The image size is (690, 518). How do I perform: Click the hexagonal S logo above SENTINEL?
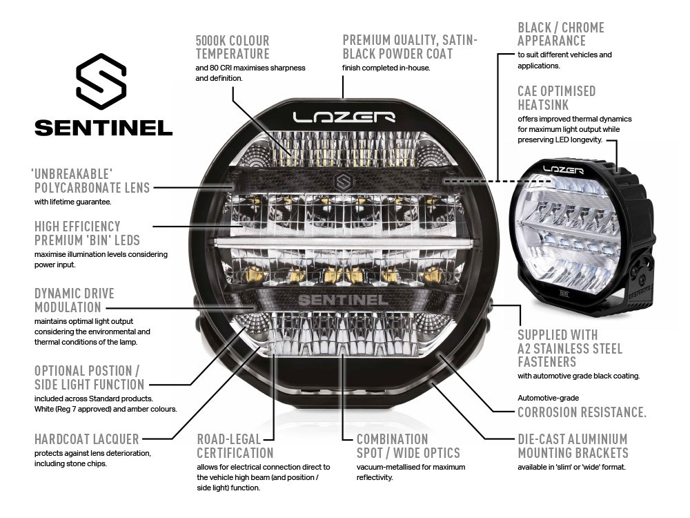pyautogui.click(x=101, y=81)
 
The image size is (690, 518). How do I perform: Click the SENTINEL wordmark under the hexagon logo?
pyautogui.click(x=103, y=128)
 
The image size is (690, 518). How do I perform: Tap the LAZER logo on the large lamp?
pyautogui.click(x=343, y=117)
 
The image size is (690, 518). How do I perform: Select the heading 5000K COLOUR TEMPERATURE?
pyautogui.click(x=233, y=47)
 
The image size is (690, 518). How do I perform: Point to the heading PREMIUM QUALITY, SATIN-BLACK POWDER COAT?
pyautogui.click(x=410, y=47)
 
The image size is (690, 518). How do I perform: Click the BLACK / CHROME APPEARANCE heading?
pyautogui.click(x=561, y=34)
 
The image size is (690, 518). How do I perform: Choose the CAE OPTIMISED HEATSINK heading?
pyautogui.click(x=556, y=97)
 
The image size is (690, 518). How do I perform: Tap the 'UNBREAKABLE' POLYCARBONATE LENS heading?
pyautogui.click(x=91, y=180)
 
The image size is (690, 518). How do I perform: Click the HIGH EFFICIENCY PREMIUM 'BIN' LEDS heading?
pyautogui.click(x=87, y=233)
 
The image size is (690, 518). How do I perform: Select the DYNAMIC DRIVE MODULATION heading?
pyautogui.click(x=75, y=300)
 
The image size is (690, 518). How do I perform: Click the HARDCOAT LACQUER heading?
pyautogui.click(x=87, y=439)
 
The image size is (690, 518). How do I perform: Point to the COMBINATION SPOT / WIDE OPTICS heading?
pyautogui.click(x=408, y=446)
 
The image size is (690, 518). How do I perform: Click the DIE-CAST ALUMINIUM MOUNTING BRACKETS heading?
pyautogui.click(x=573, y=446)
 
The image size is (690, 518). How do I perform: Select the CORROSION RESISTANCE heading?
pyautogui.click(x=582, y=412)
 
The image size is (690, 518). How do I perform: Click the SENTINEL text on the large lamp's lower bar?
pyautogui.click(x=342, y=300)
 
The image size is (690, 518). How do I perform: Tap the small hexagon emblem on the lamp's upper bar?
pyautogui.click(x=343, y=181)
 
